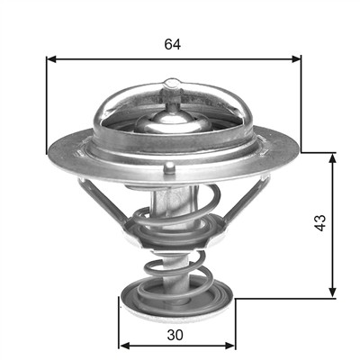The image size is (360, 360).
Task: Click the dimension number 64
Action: pos(173,44)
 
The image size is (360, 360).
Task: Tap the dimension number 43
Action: pos(321,222)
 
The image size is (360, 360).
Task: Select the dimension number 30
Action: pos(175,335)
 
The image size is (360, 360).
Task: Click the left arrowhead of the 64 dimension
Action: pos(51,59)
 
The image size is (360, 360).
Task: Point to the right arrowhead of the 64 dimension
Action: pos(296,59)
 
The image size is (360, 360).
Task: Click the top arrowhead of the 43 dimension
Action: pos(332,158)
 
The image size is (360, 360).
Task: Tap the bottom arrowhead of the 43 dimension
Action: pos(332,292)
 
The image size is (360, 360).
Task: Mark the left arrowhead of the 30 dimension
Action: pos(124,346)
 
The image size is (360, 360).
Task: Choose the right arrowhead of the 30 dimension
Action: pos(230,346)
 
